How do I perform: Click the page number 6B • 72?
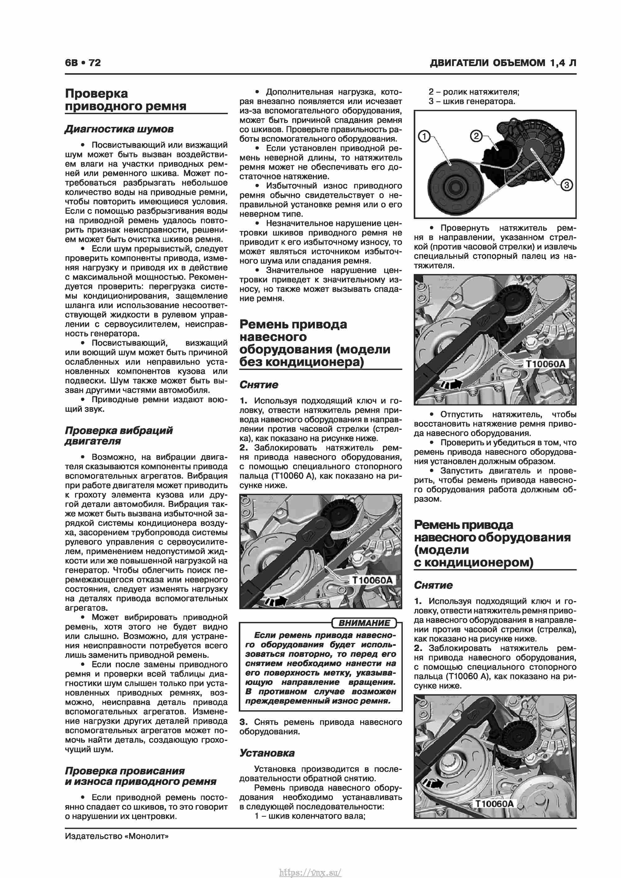coord(83,63)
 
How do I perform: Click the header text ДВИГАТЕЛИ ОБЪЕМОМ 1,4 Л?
coord(502,63)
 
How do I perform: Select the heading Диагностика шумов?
coord(119,129)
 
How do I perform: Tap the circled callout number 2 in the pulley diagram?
coord(476,136)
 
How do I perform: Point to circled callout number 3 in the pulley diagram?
coord(566,185)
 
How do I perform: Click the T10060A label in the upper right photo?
coord(545,363)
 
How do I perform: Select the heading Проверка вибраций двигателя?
coord(119,435)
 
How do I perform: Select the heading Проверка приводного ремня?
coord(125,99)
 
